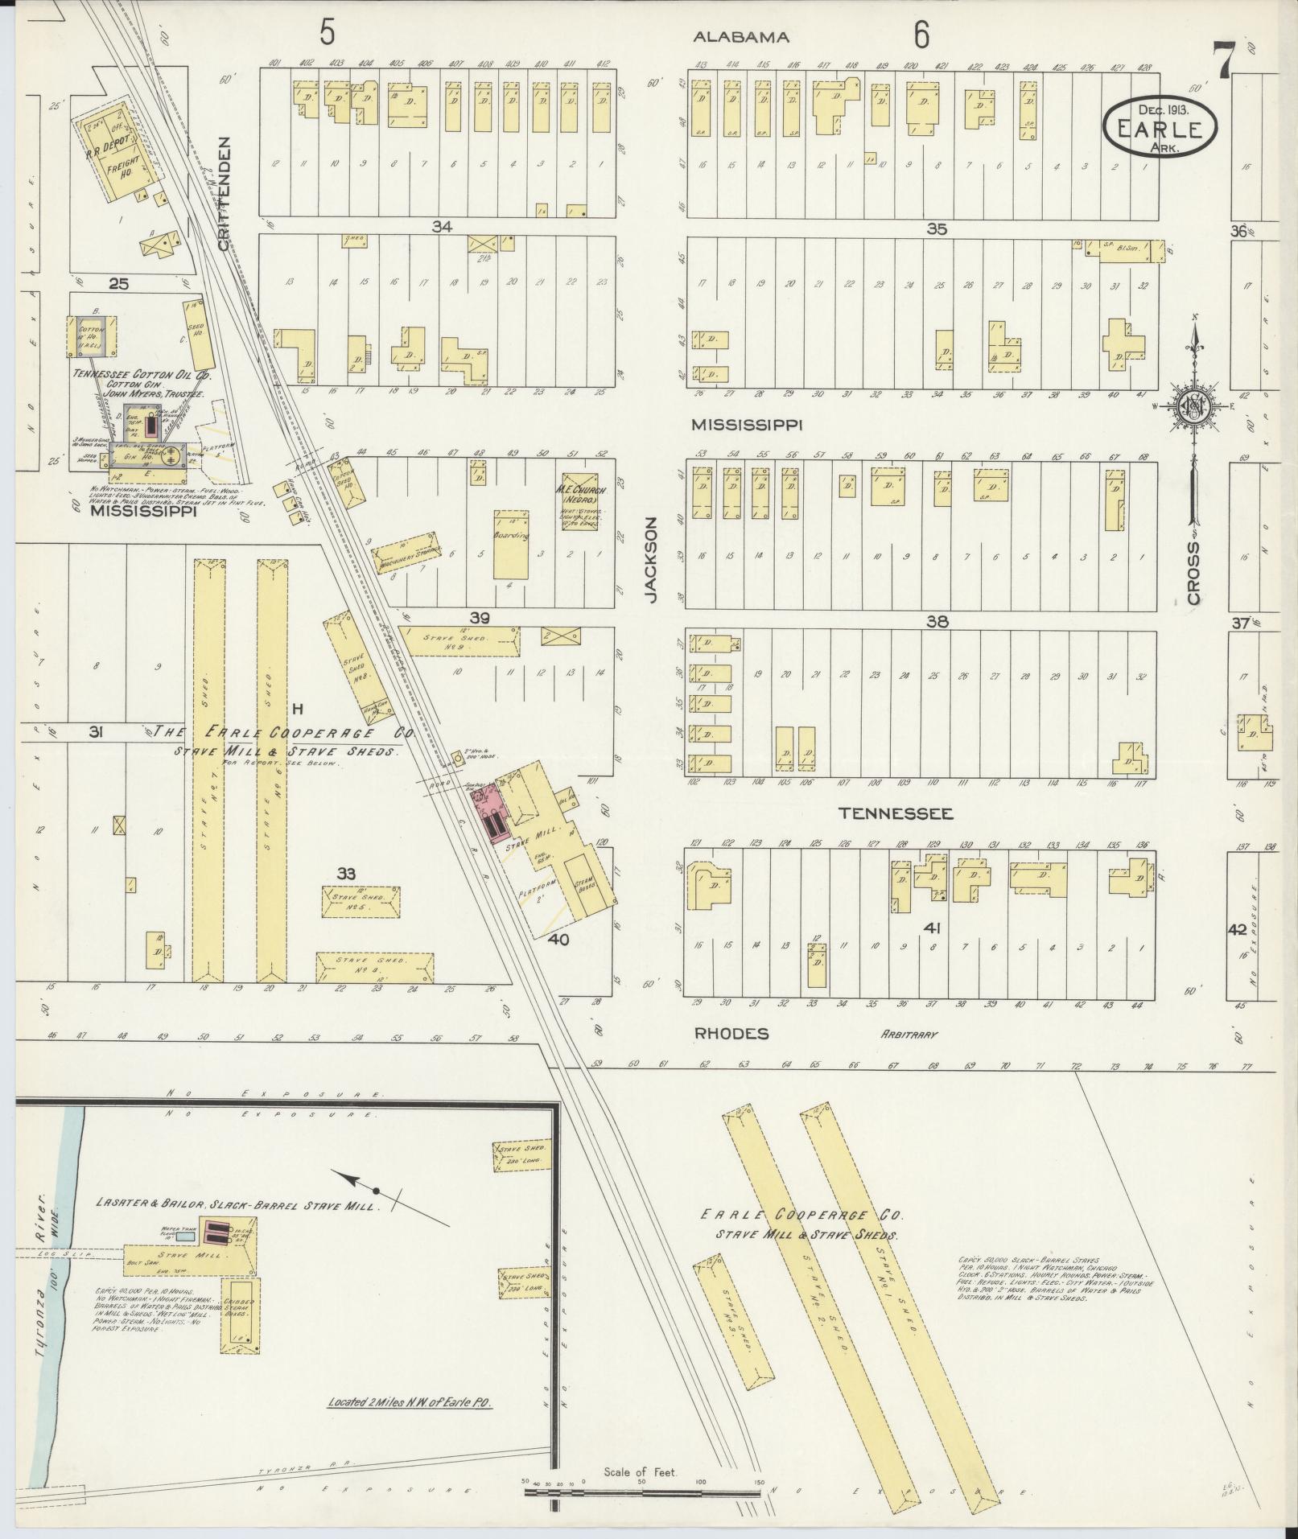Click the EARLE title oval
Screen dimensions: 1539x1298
[1160, 126]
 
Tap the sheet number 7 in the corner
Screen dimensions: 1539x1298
[1224, 61]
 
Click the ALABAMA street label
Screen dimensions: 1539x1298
[741, 37]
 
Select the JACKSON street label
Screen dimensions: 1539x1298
[651, 558]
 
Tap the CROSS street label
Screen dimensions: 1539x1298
[1193, 572]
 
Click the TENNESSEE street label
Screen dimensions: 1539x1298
[896, 814]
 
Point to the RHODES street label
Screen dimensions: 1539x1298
[731, 1034]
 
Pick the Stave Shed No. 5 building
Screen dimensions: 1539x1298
[361, 901]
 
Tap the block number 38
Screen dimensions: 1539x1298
[937, 621]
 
